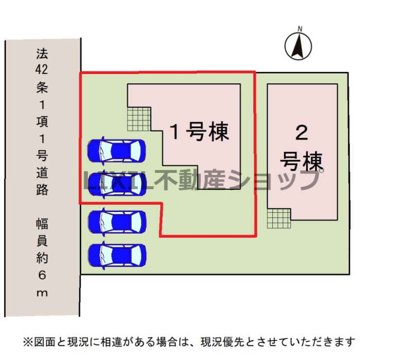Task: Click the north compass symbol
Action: (298, 46)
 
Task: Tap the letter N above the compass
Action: (300, 29)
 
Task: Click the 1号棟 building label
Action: (199, 132)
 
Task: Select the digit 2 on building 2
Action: (302, 133)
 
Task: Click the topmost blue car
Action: (117, 151)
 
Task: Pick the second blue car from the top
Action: (117, 184)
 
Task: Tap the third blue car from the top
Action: (117, 222)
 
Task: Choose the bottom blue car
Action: (117, 255)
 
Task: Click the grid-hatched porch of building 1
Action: (139, 119)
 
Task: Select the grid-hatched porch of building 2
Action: (279, 219)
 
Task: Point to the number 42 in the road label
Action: (42, 69)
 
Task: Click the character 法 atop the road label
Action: (42, 53)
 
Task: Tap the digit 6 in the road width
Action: (42, 275)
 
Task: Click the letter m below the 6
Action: (42, 293)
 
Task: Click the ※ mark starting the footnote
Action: (28, 342)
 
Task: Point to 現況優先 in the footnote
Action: (223, 342)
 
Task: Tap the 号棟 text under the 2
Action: (302, 161)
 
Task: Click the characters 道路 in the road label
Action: (42, 181)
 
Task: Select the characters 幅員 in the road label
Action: (42, 232)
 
